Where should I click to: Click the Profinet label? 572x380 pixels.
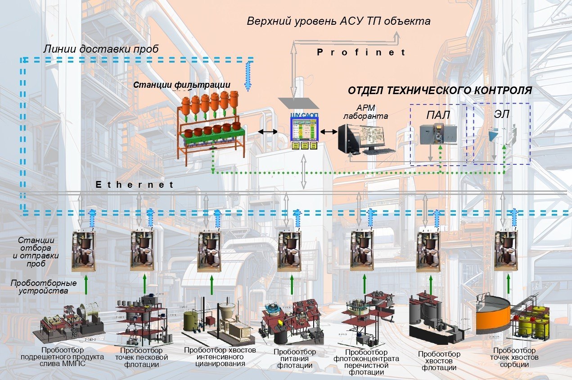click(x=361, y=52)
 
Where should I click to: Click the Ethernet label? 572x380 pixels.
click(x=135, y=185)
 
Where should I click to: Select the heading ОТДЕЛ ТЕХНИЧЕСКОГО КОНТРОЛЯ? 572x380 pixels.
click(x=440, y=90)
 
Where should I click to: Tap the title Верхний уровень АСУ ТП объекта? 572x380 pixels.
click(x=338, y=21)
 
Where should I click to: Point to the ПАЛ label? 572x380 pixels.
click(x=437, y=115)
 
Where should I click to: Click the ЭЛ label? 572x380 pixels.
click(x=501, y=114)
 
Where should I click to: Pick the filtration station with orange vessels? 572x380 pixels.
click(x=210, y=124)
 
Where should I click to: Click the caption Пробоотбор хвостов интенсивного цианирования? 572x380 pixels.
click(x=220, y=357)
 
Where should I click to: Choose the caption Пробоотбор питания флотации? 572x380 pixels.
click(x=295, y=358)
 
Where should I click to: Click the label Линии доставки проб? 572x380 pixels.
click(x=101, y=49)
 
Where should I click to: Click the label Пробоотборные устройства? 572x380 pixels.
click(x=43, y=287)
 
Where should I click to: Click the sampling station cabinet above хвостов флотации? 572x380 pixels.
click(x=428, y=251)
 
